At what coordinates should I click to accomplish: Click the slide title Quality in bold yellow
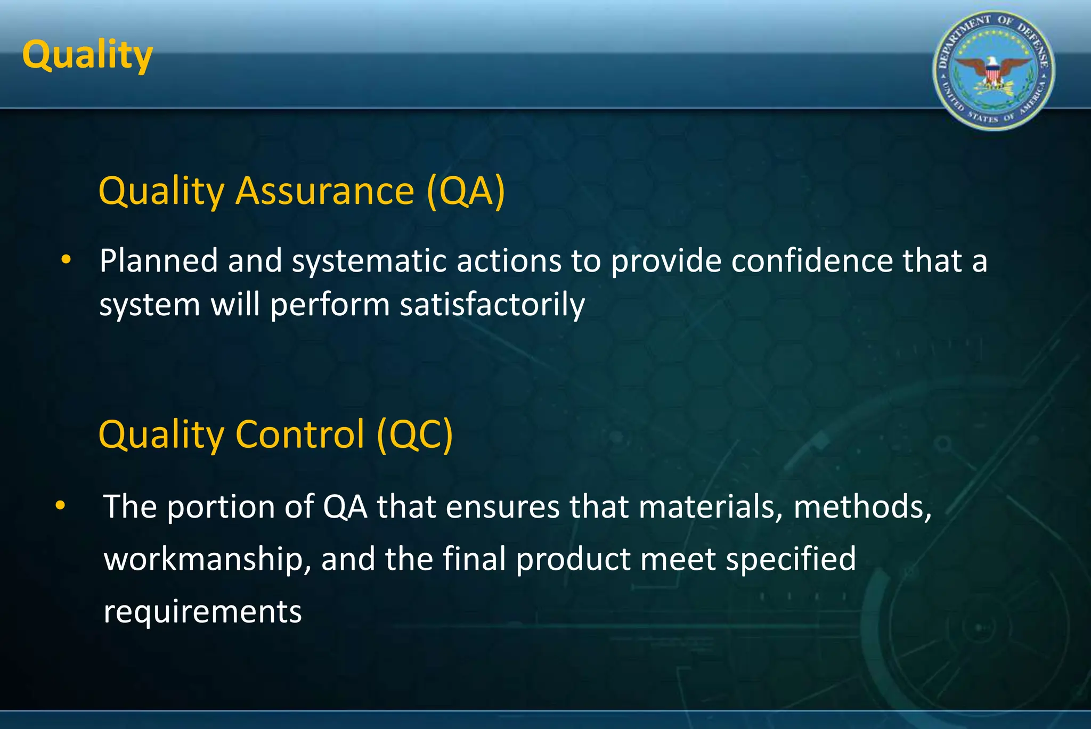coord(87,56)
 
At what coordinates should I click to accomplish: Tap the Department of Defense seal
coord(994,71)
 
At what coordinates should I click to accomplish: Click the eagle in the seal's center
coord(993,72)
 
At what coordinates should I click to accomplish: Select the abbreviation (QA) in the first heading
coord(465,191)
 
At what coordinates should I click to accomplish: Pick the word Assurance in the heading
coord(324,191)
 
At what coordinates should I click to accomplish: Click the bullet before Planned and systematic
coord(66,260)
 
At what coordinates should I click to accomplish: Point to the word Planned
coord(158,261)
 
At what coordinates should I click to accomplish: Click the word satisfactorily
coord(492,305)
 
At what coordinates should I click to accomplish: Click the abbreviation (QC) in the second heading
coord(414,435)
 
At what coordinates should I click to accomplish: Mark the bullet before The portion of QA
coord(60,505)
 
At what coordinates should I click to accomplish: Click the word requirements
coord(202,612)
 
